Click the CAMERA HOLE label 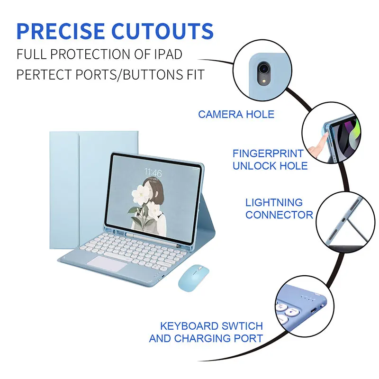pyautogui.click(x=236, y=114)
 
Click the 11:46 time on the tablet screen pyautogui.click(x=153, y=172)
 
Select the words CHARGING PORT pyautogui.click(x=219, y=339)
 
